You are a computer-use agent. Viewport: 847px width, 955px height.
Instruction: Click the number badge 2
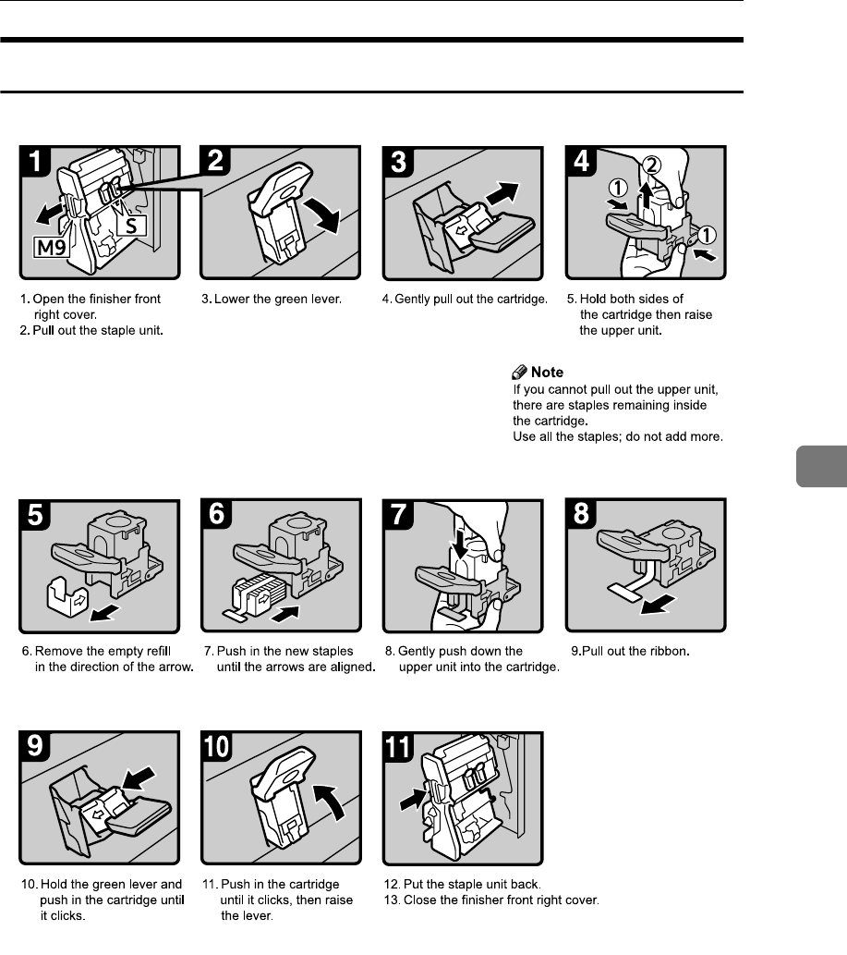click(x=219, y=164)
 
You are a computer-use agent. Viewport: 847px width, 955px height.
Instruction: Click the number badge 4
click(x=584, y=164)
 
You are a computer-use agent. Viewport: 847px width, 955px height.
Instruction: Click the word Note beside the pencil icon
click(x=547, y=372)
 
